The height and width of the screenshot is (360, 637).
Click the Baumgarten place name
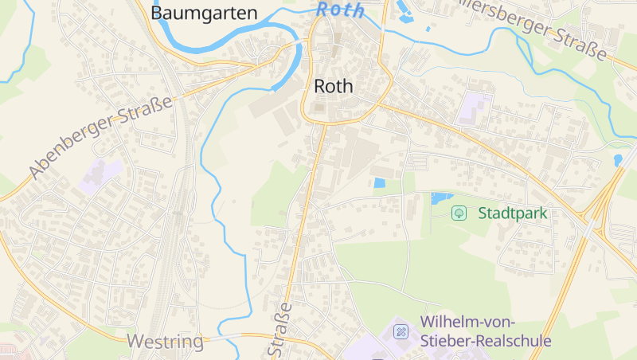204,13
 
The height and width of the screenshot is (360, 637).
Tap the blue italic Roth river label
340,10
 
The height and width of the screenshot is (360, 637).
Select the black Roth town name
334,86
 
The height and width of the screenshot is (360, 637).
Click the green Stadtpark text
513,213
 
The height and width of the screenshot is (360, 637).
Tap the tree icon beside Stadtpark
459,213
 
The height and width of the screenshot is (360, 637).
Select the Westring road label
165,342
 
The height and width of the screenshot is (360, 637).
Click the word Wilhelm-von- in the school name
467,322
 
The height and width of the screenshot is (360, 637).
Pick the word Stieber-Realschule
485,341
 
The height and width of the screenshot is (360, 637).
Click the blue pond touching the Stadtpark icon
440,198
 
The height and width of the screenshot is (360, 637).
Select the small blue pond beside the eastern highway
618,160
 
